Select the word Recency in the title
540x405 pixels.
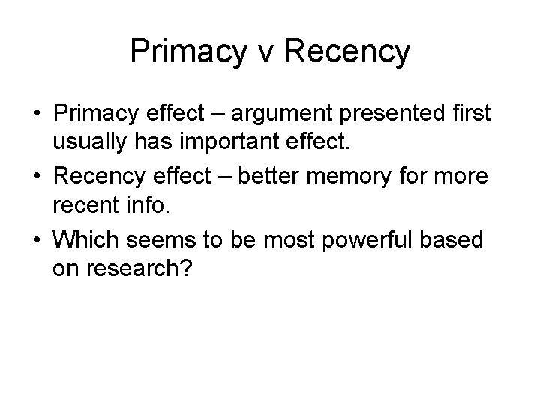(350, 52)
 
